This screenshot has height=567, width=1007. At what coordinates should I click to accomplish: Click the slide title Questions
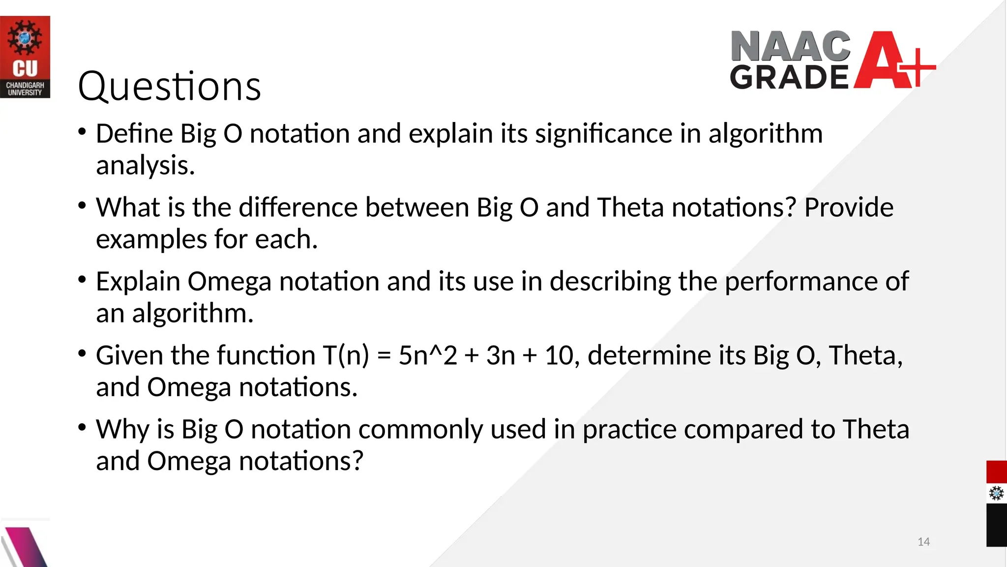click(169, 87)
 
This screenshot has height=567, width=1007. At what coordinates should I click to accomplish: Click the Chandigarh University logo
click(25, 57)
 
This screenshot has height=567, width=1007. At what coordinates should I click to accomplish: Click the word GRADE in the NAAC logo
click(789, 78)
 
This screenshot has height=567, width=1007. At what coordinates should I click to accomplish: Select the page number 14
click(923, 542)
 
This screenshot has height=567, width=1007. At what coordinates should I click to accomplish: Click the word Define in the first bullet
click(134, 134)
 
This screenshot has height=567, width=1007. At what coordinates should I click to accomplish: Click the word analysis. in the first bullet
click(146, 166)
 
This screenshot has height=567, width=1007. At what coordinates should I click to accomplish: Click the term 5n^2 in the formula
click(427, 355)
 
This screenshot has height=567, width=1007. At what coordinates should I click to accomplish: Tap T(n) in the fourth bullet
click(346, 355)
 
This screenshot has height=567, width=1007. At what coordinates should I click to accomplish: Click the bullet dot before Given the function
click(82, 353)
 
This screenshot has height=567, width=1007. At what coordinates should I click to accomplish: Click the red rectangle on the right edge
click(996, 472)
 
